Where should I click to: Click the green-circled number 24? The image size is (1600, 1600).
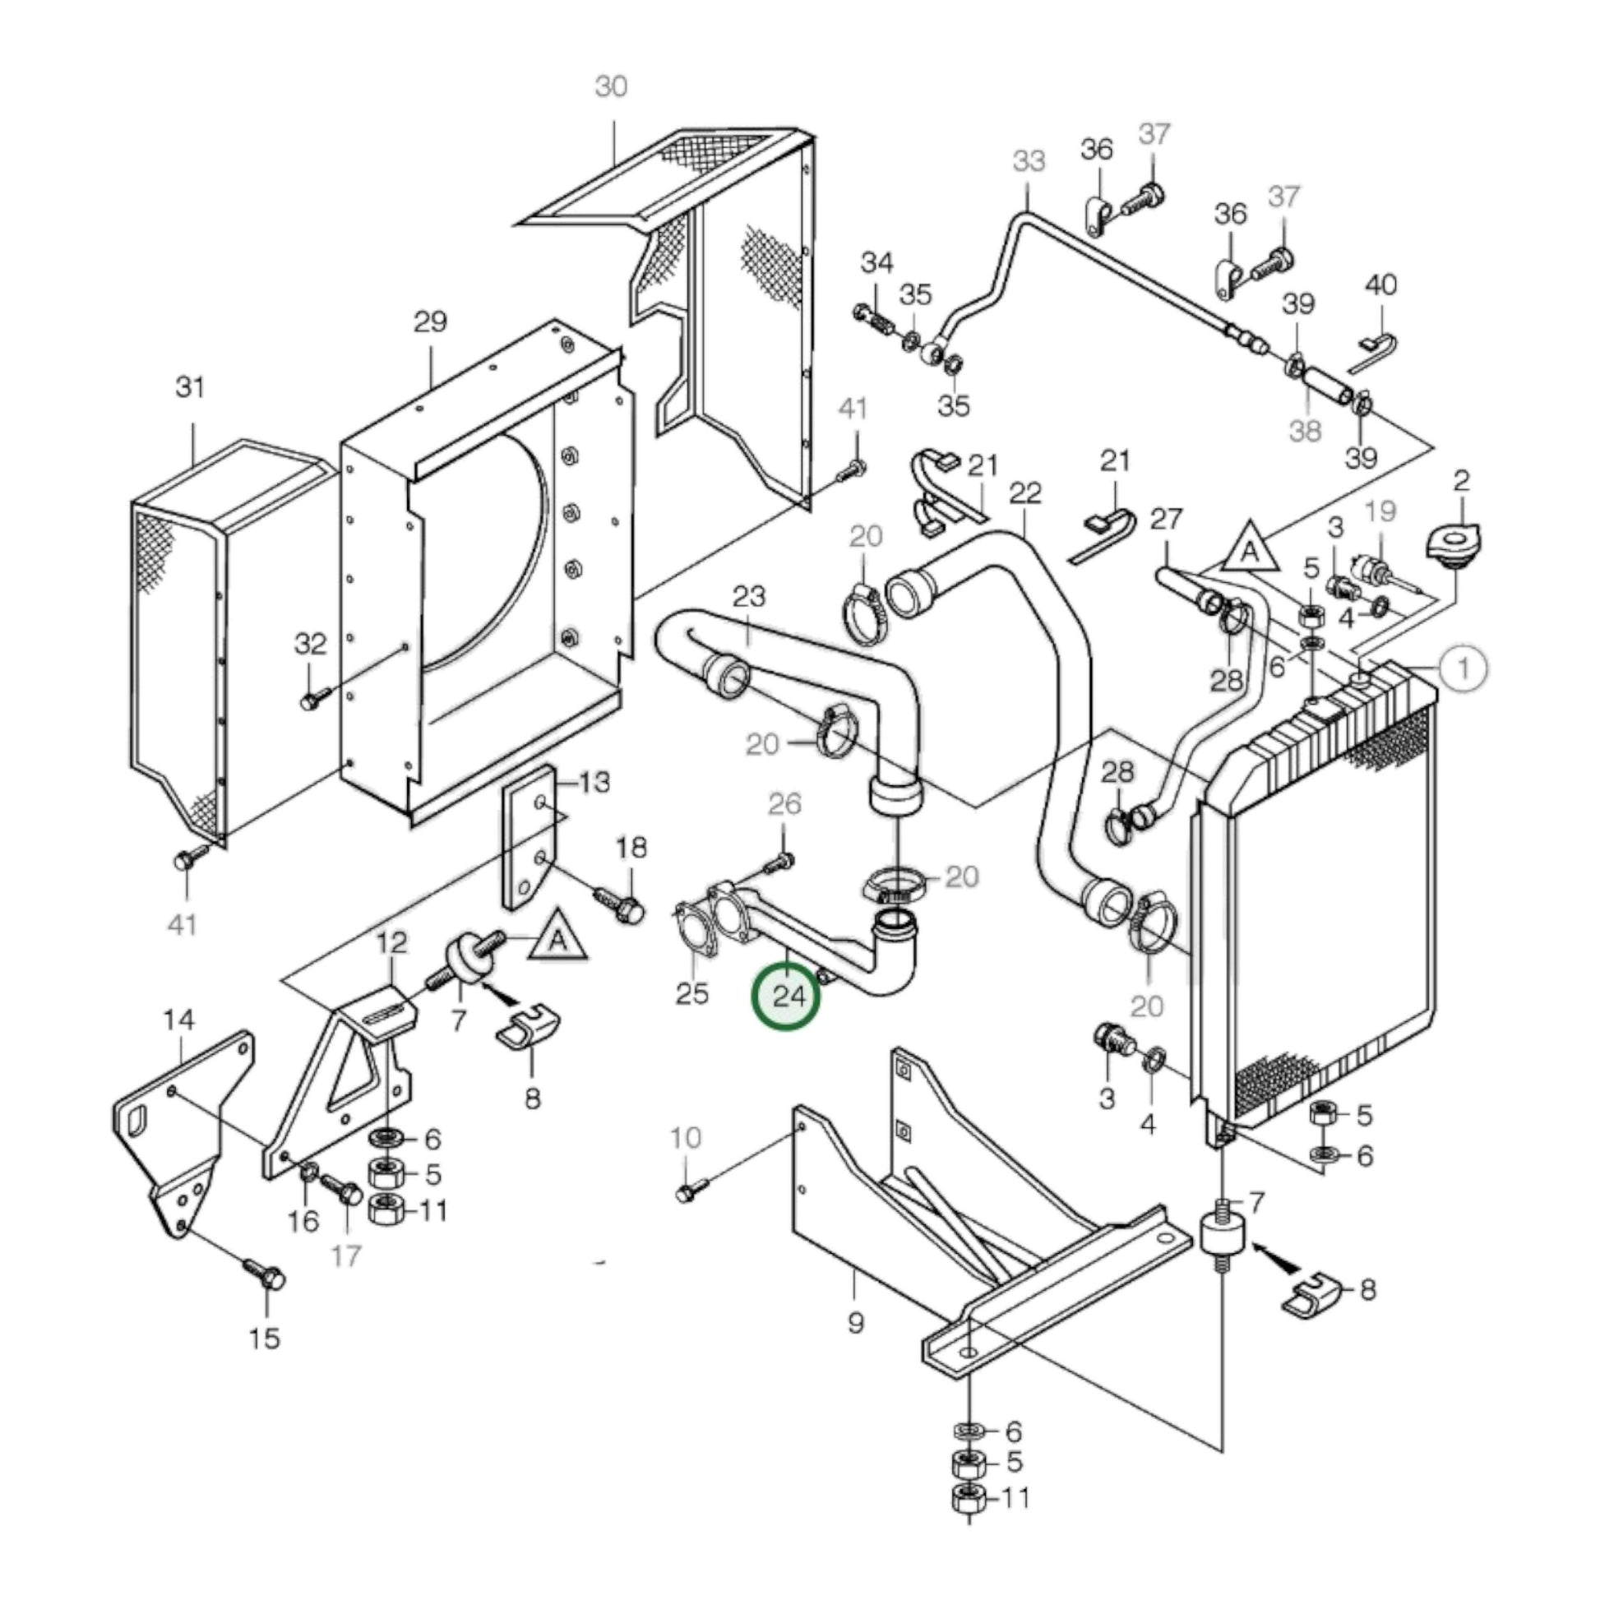[x=785, y=997]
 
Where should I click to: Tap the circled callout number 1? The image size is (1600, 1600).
[x=1464, y=668]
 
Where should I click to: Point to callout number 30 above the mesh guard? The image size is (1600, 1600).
[x=611, y=86]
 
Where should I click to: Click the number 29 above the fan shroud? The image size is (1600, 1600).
[x=430, y=322]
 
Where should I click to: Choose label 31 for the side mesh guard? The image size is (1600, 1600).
[x=191, y=387]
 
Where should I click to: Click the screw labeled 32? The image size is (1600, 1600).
[x=313, y=700]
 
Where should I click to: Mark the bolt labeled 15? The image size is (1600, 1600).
[x=266, y=1278]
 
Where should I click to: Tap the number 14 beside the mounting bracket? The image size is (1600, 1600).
[x=179, y=1020]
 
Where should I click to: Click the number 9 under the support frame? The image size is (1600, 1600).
[x=855, y=1323]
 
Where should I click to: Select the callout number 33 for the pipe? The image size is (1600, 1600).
[x=1029, y=160]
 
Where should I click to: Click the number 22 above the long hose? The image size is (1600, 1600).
[x=1025, y=493]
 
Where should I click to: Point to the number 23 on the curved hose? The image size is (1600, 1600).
[x=750, y=596]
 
